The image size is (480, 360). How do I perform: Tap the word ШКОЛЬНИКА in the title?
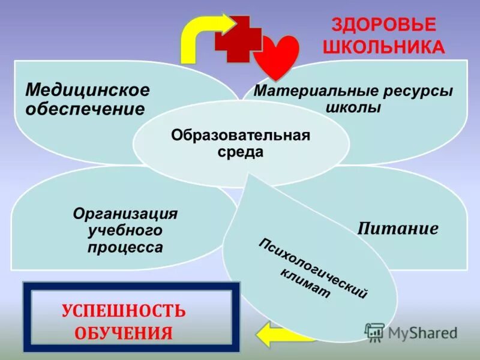click(384, 47)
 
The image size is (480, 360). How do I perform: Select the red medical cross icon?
click(238, 39)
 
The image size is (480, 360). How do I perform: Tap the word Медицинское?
click(88, 90)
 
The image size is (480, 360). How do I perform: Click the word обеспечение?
click(85, 109)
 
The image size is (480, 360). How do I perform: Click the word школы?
click(354, 109)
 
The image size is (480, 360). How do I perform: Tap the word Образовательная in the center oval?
click(241, 134)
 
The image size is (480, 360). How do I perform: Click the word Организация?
click(125, 214)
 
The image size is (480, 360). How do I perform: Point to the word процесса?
click(125, 247)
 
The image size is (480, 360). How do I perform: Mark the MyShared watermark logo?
click(412, 332)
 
